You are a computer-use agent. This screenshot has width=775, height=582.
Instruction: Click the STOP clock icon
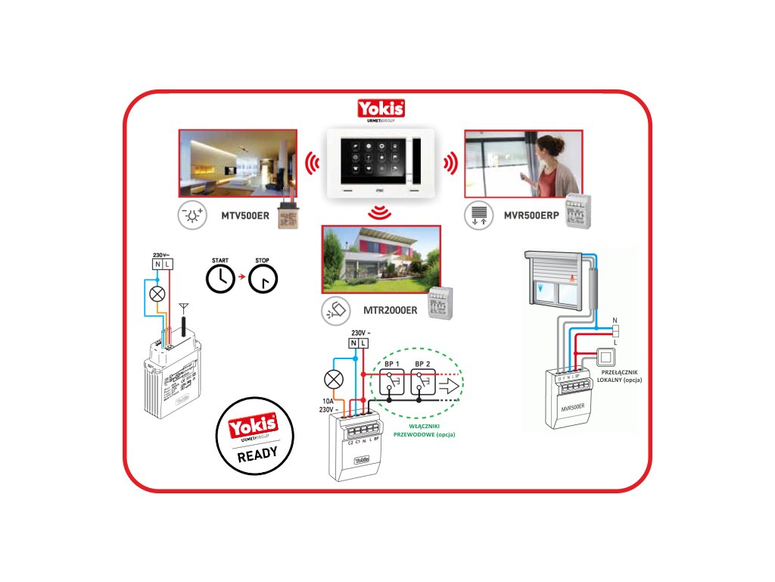click(x=263, y=280)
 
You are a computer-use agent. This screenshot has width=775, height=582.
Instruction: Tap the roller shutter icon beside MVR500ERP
click(x=478, y=215)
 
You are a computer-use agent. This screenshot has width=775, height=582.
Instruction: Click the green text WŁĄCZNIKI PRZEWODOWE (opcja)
click(x=425, y=431)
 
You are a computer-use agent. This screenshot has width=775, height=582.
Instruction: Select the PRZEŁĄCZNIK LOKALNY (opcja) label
click(x=619, y=375)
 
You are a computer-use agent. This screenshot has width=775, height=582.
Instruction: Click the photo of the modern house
click(x=381, y=258)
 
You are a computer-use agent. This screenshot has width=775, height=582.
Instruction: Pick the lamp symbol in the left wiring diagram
click(x=157, y=293)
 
